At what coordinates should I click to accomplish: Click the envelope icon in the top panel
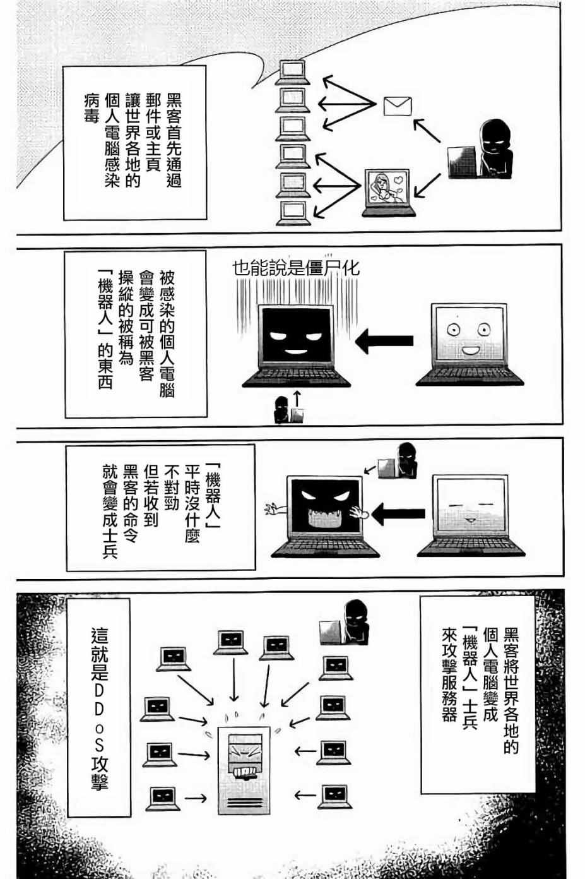click(x=398, y=106)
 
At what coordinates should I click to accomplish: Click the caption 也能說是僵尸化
click(x=296, y=268)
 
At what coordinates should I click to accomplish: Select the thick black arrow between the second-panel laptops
click(x=384, y=342)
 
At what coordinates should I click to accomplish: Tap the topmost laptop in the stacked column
click(x=291, y=72)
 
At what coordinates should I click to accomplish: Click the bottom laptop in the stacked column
click(x=291, y=213)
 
